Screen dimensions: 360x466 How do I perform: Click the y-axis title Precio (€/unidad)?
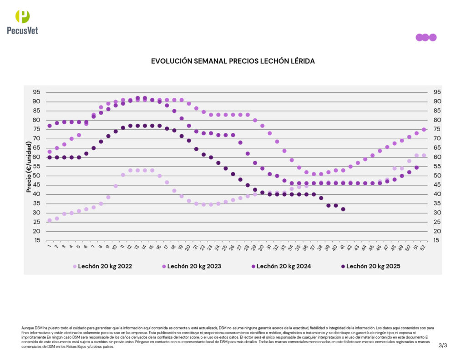[x=29, y=167]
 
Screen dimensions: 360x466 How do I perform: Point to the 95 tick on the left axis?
[x=36, y=92]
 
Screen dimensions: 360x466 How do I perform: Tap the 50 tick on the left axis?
[x=36, y=176]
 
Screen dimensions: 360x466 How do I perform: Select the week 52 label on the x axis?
[x=424, y=247]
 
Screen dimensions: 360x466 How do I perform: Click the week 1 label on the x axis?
[x=49, y=247]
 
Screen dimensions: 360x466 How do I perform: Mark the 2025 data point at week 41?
[x=343, y=209]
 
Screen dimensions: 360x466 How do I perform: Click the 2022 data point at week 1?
[x=50, y=220]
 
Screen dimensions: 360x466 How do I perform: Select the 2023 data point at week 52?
[x=424, y=129]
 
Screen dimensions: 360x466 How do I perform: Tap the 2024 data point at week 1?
[x=50, y=126]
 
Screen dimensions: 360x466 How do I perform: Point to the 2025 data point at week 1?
[x=50, y=157]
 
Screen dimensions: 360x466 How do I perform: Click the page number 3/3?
[x=443, y=345]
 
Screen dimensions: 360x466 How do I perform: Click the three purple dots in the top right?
[x=426, y=37]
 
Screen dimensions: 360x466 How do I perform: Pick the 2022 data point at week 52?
[x=424, y=155]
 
